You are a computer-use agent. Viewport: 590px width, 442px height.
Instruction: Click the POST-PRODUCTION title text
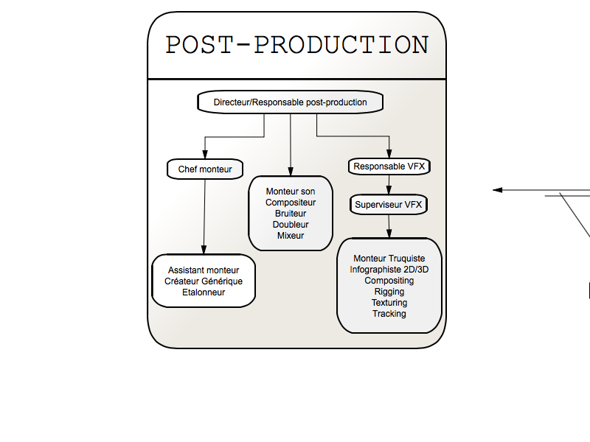296,45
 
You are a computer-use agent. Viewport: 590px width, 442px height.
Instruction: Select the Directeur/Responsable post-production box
290,102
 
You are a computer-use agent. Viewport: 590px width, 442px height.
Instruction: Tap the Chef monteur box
205,169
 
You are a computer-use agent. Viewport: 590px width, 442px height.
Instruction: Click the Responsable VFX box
389,166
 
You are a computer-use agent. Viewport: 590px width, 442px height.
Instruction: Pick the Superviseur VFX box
389,205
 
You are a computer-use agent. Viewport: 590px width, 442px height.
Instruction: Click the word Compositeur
291,203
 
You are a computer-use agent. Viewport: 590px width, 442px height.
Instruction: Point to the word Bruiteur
291,214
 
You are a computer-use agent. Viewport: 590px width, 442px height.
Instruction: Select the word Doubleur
291,225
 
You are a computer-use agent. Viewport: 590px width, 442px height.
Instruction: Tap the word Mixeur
291,236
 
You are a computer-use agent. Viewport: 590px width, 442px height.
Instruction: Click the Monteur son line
291,192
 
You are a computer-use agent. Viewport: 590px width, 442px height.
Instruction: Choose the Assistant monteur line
204,270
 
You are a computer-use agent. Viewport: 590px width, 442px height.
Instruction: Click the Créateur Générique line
204,281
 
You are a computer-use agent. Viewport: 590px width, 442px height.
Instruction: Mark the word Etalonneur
204,292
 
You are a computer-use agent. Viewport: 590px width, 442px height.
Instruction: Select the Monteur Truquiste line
389,259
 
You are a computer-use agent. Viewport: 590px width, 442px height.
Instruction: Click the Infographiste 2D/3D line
389,270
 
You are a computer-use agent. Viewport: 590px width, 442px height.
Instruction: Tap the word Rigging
389,292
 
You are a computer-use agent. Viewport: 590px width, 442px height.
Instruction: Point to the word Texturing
389,303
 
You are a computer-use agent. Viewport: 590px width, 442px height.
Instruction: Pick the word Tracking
389,314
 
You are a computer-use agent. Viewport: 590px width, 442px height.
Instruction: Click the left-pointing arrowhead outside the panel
498,190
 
